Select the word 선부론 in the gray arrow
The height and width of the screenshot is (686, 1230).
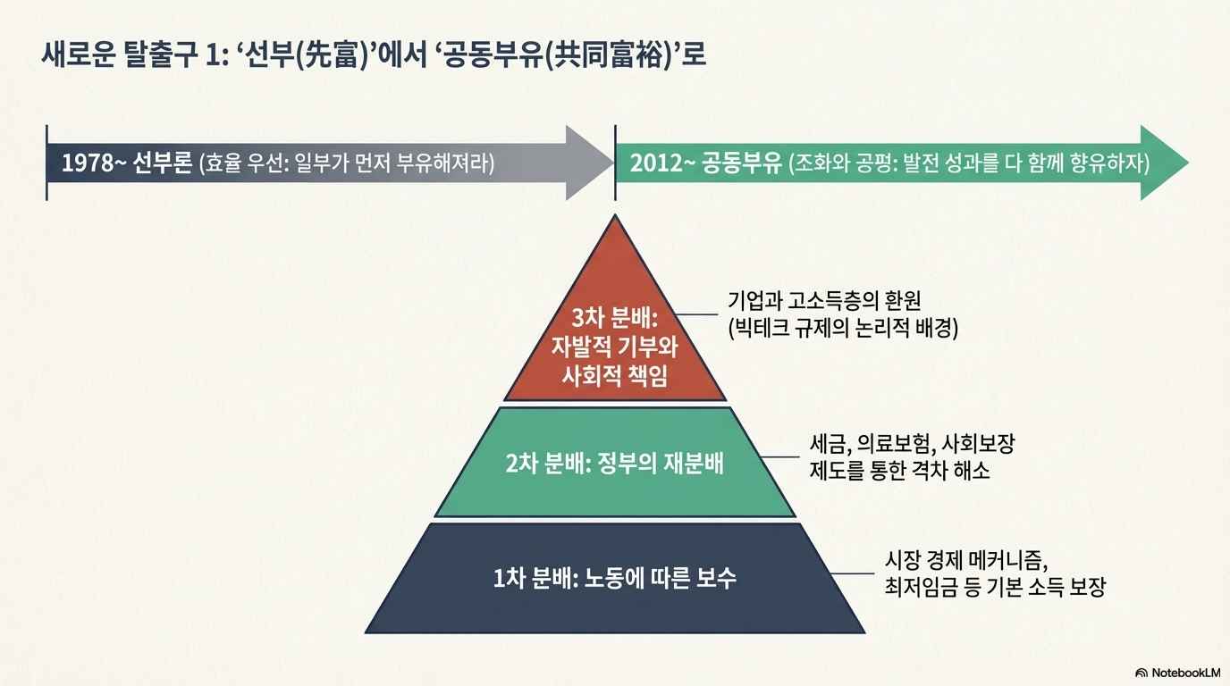[x=162, y=164]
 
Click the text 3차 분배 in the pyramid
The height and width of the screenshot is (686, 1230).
[x=615, y=319]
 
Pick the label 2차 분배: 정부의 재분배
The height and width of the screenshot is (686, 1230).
[x=614, y=464]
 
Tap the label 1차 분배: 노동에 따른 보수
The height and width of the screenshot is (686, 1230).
[x=614, y=578]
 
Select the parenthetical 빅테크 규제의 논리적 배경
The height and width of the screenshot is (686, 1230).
[x=843, y=328]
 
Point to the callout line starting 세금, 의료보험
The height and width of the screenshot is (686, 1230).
[x=911, y=444]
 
